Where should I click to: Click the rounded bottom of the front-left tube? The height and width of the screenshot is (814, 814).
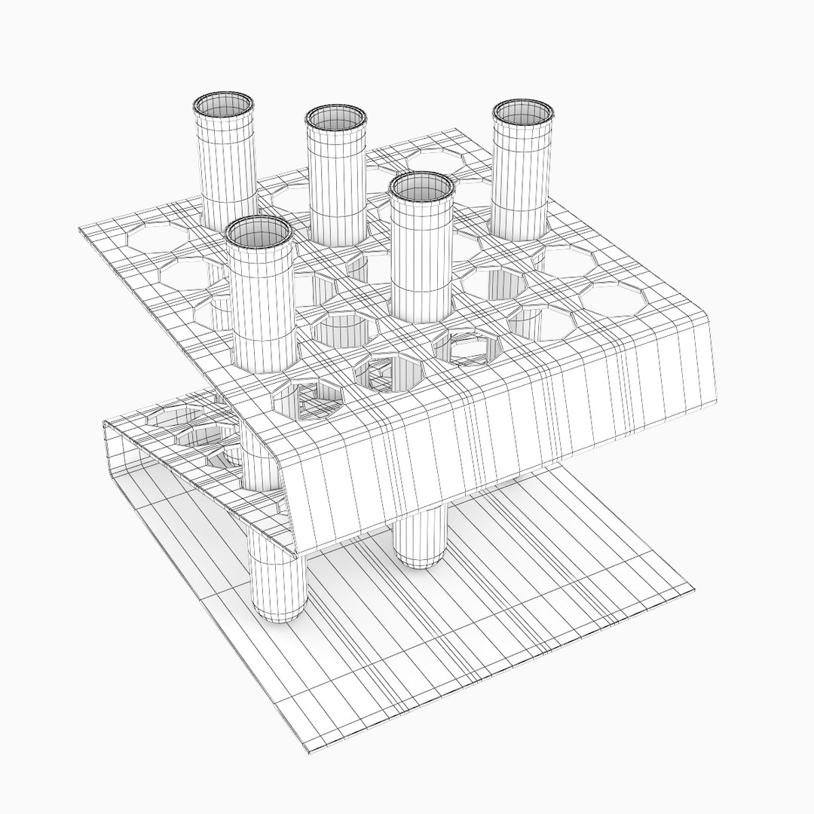click(x=277, y=610)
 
